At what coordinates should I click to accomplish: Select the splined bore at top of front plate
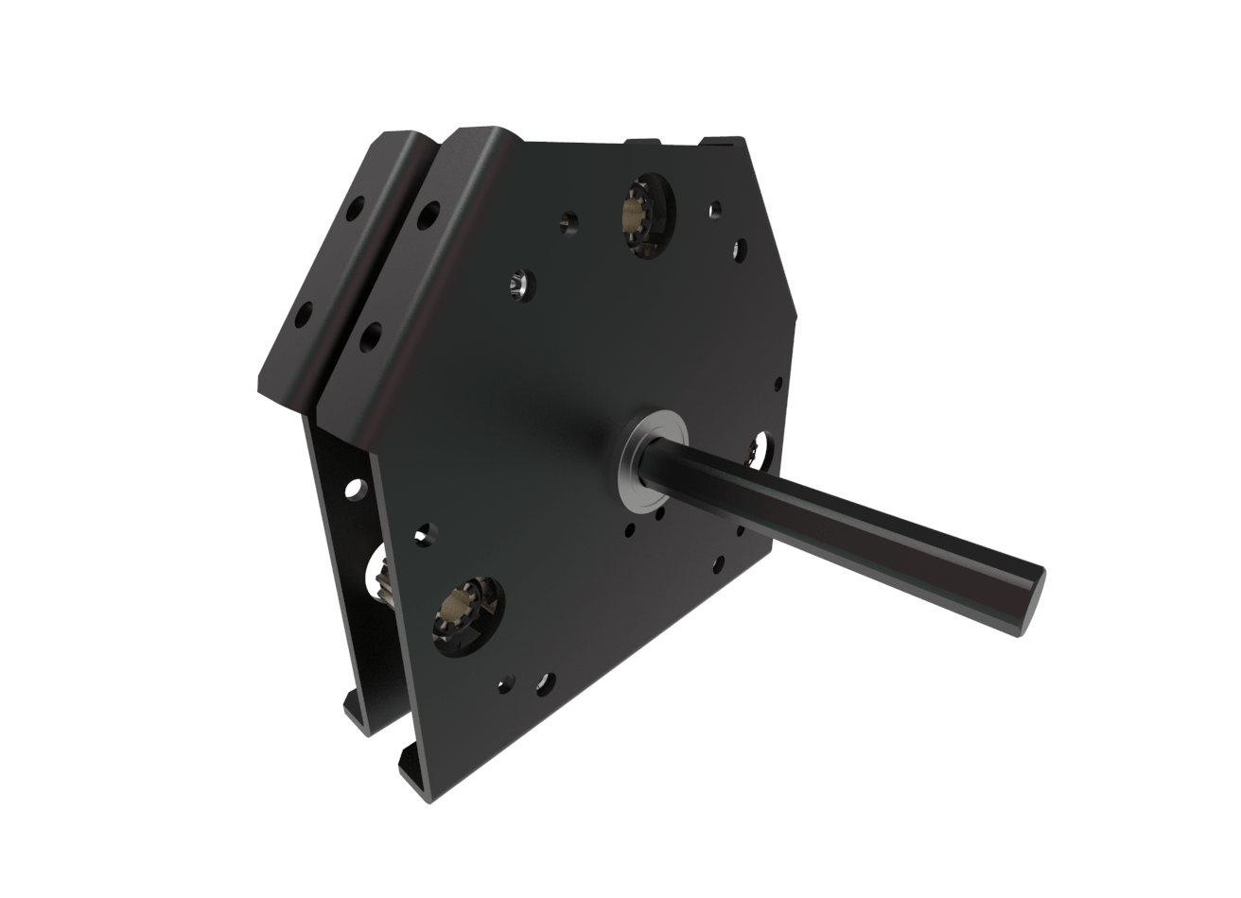[646, 216]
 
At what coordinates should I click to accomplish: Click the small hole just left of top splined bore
[568, 221]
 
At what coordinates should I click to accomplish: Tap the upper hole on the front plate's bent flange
[428, 215]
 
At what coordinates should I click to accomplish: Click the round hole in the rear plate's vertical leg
[355, 490]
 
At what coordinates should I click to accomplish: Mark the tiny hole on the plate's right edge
[778, 384]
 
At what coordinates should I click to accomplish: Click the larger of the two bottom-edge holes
[546, 683]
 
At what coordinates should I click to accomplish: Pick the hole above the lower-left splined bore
[424, 535]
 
